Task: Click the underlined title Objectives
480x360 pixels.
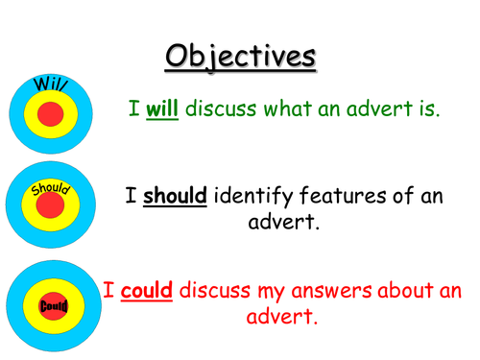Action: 239,55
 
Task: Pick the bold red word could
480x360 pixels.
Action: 147,289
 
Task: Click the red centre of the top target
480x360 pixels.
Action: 50,116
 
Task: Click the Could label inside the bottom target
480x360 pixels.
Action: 50,305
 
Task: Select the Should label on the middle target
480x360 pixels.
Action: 50,187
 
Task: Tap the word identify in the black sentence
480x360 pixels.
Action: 256,198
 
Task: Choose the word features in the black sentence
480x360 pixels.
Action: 349,198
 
